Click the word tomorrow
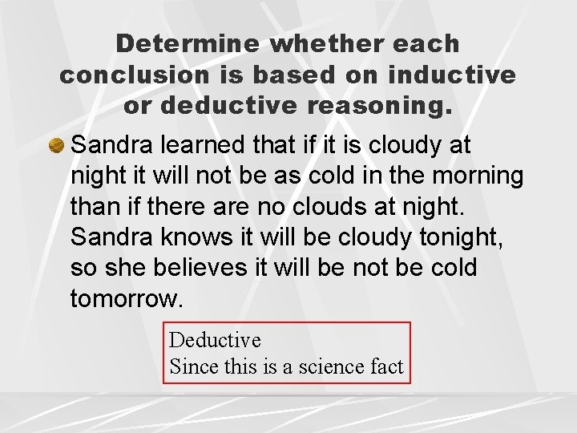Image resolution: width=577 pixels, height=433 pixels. point(127,298)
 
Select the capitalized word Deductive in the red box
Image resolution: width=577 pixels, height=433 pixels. point(215,341)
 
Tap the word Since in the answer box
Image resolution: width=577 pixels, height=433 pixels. point(191,366)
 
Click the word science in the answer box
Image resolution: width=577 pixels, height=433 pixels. point(329,366)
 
